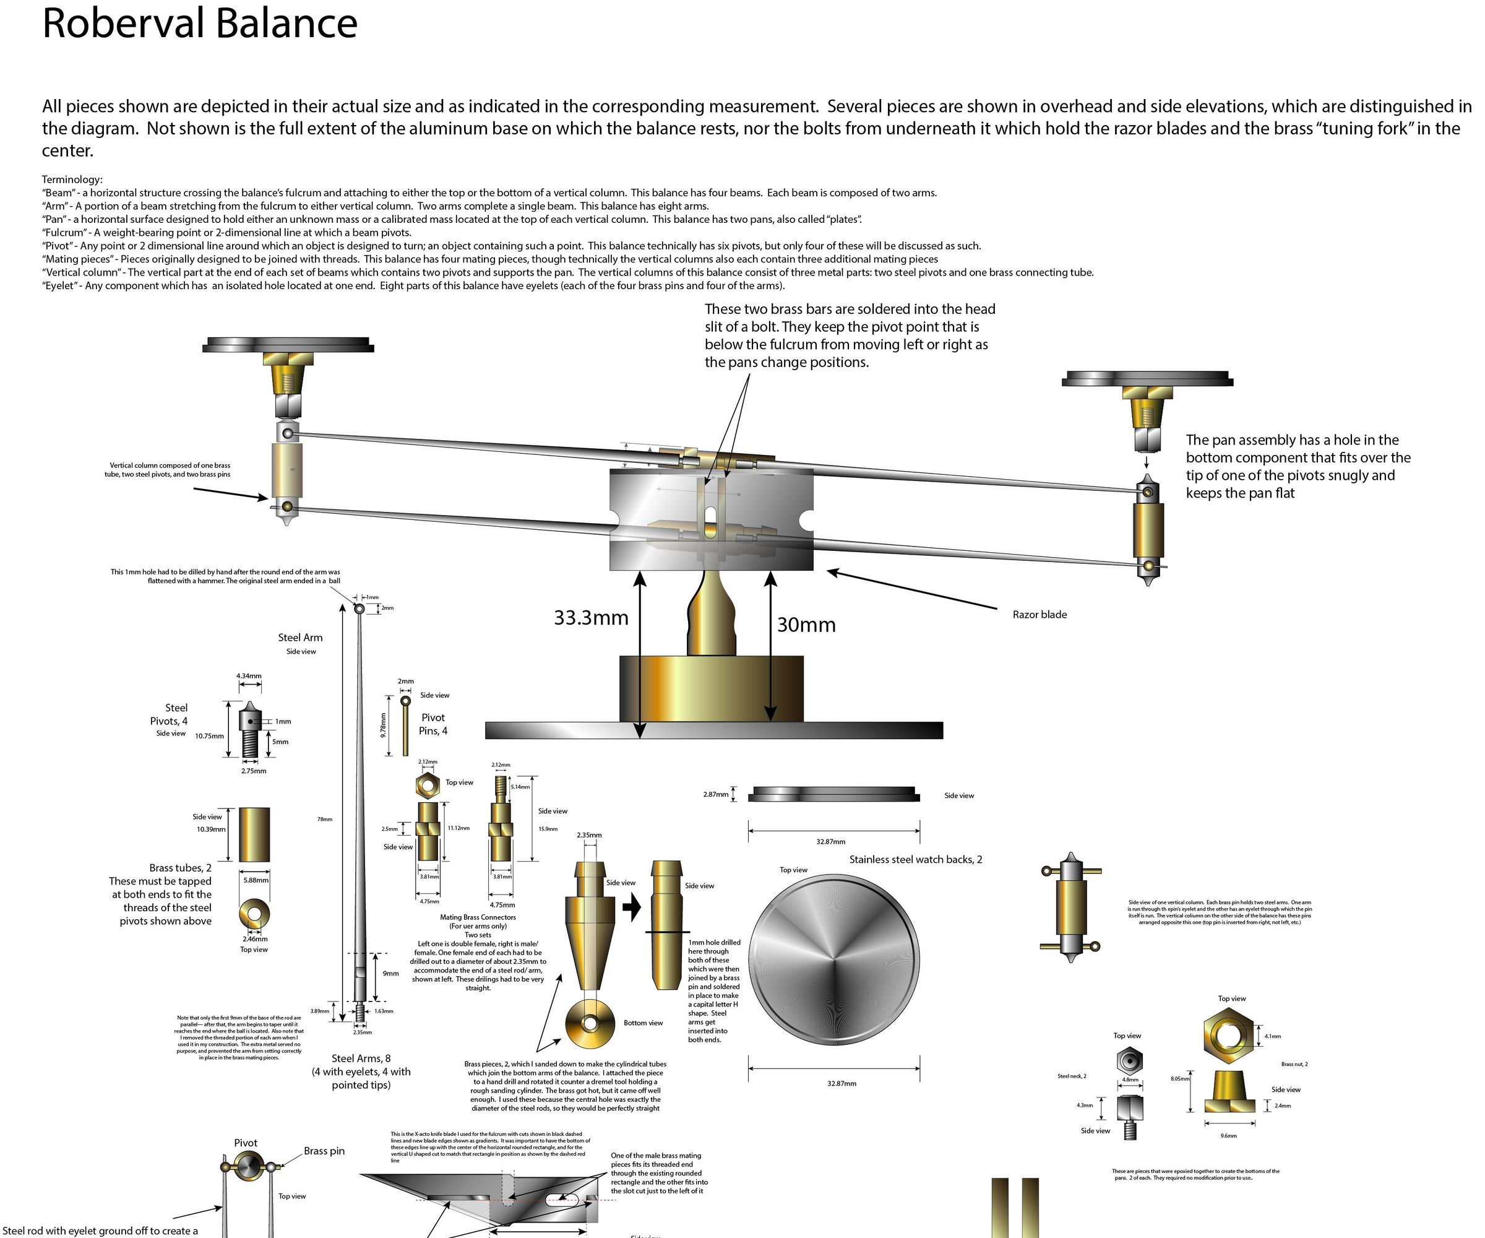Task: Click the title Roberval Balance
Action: [x=199, y=24]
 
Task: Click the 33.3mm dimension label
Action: [x=590, y=618]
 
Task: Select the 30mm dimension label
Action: [x=806, y=625]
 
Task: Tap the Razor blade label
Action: [x=1039, y=614]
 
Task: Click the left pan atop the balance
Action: [x=288, y=345]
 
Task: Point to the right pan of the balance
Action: [x=1147, y=380]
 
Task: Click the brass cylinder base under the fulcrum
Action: [x=711, y=688]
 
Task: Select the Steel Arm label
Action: [x=300, y=638]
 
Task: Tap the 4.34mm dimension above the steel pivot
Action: [x=249, y=675]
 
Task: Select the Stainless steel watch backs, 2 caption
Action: [x=915, y=860]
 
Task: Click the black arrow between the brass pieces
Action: [x=632, y=907]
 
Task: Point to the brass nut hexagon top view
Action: [x=1228, y=1036]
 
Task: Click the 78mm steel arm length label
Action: [x=325, y=819]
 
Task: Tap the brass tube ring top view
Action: [x=254, y=914]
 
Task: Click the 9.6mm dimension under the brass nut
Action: [x=1228, y=1135]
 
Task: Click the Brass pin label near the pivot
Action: [x=324, y=1151]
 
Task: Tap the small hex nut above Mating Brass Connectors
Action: [x=427, y=786]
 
